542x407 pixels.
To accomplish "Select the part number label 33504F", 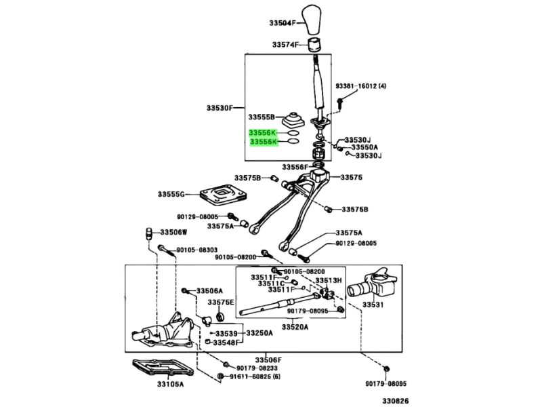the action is click(283, 23).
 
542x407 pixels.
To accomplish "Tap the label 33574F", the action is click(285, 45).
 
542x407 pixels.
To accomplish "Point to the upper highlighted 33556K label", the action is click(263, 133).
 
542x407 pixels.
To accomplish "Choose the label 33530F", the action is click(220, 108).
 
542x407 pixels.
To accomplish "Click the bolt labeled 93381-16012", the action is click(340, 102).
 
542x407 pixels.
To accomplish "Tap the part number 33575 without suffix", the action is click(351, 178).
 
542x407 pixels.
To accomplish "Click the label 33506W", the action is click(173, 232).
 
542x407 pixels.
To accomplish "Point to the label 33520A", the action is click(295, 327).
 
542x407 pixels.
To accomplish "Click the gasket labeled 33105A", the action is click(163, 369).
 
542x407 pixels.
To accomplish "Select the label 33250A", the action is click(259, 333).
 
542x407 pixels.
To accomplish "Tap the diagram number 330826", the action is click(396, 401).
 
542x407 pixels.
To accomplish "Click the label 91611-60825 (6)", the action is click(255, 376).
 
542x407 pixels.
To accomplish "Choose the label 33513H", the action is click(329, 280).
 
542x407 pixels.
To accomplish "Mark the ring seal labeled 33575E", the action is click(220, 316).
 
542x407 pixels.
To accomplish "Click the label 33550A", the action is click(364, 147).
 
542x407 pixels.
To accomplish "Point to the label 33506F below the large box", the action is click(268, 360).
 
